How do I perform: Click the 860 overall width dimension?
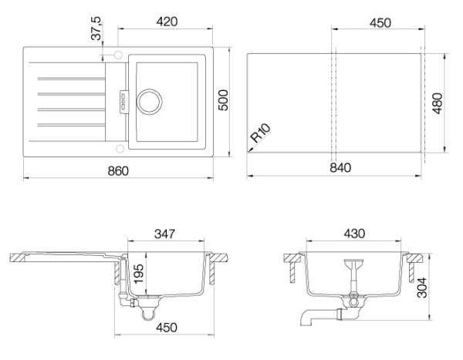(118, 169)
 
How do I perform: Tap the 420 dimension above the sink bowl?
(167, 22)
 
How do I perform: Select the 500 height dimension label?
(222, 102)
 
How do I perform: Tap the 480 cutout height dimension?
(438, 102)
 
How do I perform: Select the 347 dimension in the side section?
(166, 230)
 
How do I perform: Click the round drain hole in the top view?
(150, 99)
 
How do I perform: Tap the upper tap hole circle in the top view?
(118, 54)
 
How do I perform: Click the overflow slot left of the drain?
(122, 98)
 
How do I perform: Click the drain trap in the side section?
(147, 311)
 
